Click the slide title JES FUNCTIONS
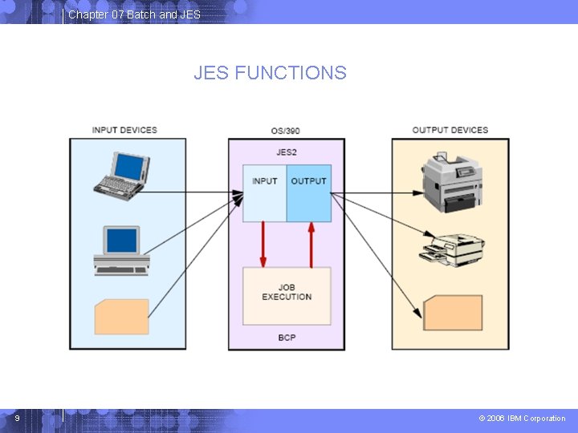click(271, 72)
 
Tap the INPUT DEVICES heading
click(124, 130)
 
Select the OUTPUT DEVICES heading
click(450, 130)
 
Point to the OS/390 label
click(285, 131)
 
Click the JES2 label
click(287, 152)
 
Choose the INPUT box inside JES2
click(264, 193)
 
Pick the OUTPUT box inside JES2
click(309, 193)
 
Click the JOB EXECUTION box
click(287, 296)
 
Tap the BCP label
click(287, 338)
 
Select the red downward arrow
click(263, 244)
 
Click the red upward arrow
click(311, 245)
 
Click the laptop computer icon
click(122, 176)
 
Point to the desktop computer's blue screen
click(122, 241)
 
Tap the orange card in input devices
click(122, 317)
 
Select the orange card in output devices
click(453, 313)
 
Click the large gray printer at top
click(452, 182)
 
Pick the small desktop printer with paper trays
click(452, 250)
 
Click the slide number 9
click(18, 419)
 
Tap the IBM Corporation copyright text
click(522, 419)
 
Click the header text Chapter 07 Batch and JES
click(135, 14)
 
